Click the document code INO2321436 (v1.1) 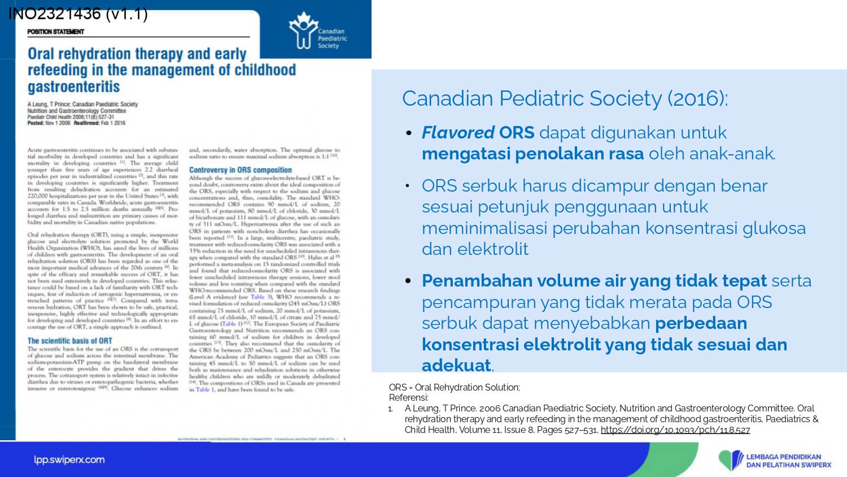[x=78, y=14]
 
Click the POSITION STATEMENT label [x=55, y=32]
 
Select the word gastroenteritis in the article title [x=74, y=86]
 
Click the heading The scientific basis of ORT [x=70, y=341]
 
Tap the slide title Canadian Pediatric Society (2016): [x=565, y=98]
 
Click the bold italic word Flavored [x=458, y=132]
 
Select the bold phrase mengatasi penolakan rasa [x=532, y=154]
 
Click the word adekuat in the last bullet [x=456, y=365]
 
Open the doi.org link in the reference [x=675, y=430]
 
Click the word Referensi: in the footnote [x=408, y=397]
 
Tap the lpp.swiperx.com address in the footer [x=69, y=459]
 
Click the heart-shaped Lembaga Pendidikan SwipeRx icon [x=731, y=460]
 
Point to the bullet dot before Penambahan [x=409, y=281]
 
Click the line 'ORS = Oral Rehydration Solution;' [x=454, y=387]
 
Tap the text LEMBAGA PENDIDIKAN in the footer [x=784, y=457]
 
